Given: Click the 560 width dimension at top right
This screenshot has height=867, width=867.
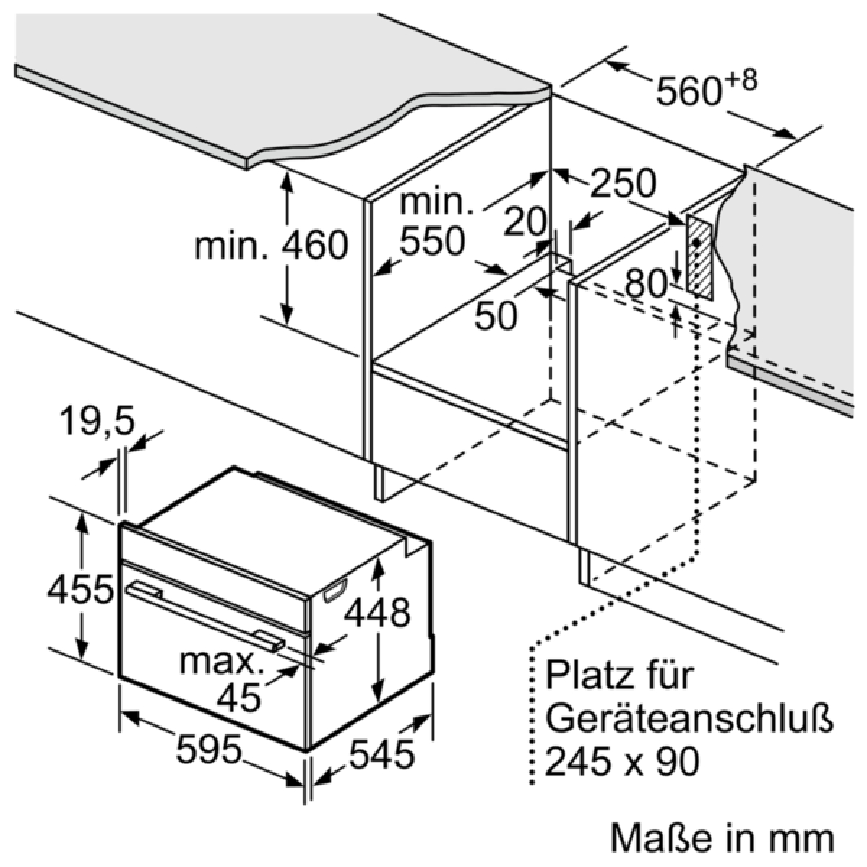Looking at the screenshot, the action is click(x=689, y=92).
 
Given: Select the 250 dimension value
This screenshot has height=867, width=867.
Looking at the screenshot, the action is click(x=623, y=184).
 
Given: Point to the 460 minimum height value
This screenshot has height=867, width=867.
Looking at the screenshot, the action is click(x=314, y=245).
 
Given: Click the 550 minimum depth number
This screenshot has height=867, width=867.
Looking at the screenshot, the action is click(x=431, y=241).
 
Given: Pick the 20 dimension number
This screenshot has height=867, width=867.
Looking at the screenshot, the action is click(x=525, y=222).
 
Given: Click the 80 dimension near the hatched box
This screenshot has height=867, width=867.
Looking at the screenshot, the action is click(x=646, y=283).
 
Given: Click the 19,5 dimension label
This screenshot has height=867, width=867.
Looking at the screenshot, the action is click(x=98, y=421).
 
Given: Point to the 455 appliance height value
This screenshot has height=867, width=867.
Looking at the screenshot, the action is click(x=80, y=590).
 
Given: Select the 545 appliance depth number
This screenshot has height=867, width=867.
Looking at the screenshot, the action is click(x=381, y=753).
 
